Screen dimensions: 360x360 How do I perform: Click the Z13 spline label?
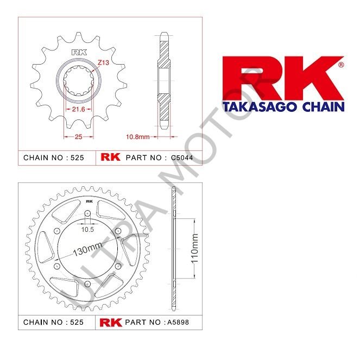coord(104,62)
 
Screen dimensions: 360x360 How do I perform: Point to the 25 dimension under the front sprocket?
coord(79,137)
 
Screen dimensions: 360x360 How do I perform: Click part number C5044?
coord(182,158)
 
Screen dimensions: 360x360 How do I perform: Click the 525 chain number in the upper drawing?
coord(76,158)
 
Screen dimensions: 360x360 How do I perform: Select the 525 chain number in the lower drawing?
coord(76,322)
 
